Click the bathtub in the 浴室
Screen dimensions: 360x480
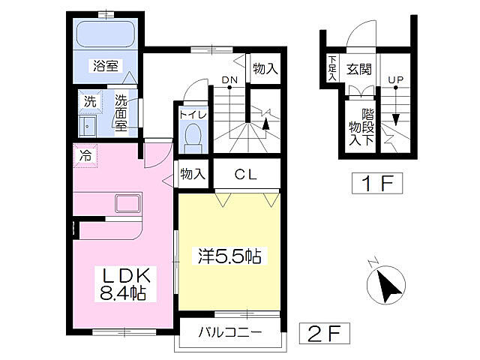pos(105,34)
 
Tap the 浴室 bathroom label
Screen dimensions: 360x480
pos(106,65)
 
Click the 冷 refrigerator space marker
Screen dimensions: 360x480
pos(85,157)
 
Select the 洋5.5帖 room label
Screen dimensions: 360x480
pos(229,256)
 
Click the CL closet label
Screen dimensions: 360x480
pos(245,175)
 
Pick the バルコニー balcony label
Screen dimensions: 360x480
pos(230,333)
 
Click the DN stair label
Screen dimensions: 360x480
pos(229,79)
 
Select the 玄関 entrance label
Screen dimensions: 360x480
pos(359,69)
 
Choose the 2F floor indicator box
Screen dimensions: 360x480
pos(324,331)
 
